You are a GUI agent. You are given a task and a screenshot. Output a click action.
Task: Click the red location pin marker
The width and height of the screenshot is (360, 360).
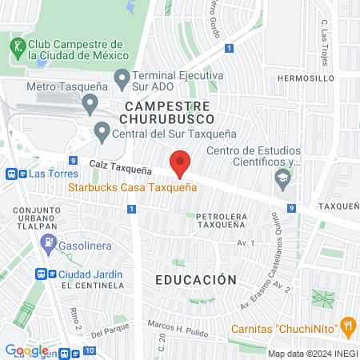coord(180,163)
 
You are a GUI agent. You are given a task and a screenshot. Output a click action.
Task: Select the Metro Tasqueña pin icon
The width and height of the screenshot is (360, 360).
coord(90,104)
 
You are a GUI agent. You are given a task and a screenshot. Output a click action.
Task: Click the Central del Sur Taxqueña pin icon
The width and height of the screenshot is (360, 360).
coord(102,130)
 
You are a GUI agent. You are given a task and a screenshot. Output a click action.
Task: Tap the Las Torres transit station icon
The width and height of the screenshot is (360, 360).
coord(12,173)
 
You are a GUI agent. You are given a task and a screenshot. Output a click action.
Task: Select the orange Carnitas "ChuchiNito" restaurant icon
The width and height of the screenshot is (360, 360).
coord(347,326)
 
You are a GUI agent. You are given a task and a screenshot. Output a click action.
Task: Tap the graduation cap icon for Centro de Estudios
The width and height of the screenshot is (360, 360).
coord(282,178)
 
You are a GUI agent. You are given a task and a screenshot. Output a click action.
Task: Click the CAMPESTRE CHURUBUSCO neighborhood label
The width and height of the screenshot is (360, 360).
coord(167,112)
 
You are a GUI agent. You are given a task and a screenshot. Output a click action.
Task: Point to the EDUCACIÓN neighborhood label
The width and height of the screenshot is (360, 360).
coord(196,280)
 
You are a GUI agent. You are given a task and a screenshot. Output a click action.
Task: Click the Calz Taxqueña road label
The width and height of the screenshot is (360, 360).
coord(121,164)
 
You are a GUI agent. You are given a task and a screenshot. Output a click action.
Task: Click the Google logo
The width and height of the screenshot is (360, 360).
coord(26,350)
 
